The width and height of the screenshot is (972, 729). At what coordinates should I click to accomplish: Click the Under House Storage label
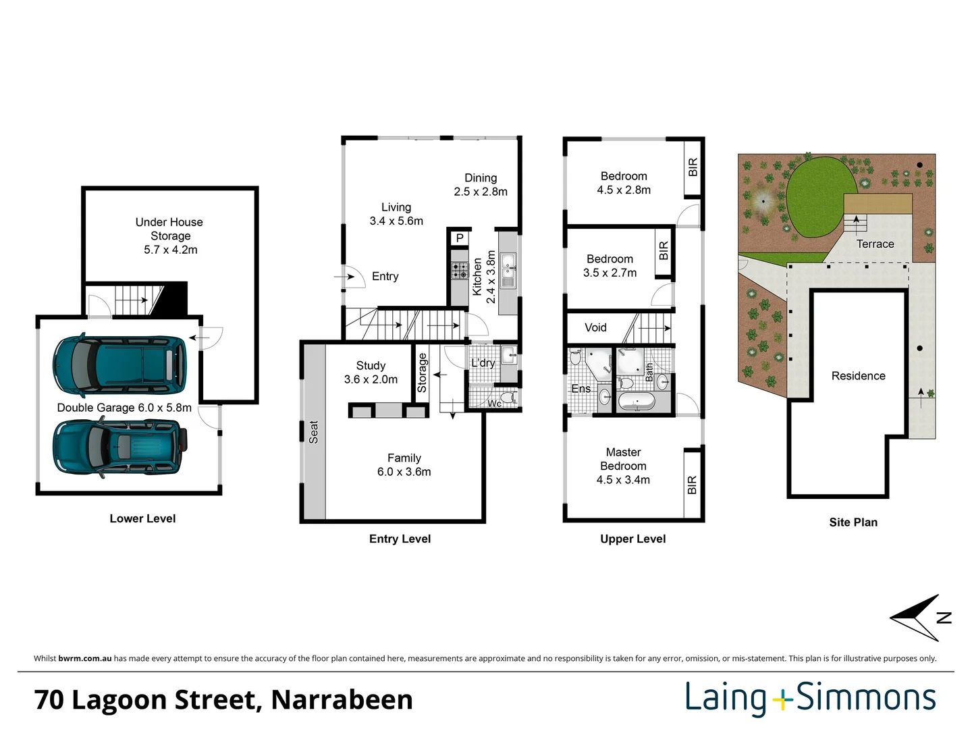(169, 236)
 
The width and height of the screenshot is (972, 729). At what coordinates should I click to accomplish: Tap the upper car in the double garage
(119, 364)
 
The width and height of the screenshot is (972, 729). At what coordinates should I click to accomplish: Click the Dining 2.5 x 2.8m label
(481, 185)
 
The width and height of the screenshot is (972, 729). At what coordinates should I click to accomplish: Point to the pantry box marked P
(460, 238)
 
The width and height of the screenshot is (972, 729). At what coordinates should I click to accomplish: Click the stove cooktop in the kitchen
(460, 271)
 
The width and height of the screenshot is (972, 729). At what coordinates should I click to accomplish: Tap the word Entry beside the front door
(385, 277)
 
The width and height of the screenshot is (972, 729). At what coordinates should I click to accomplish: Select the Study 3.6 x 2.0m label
(371, 373)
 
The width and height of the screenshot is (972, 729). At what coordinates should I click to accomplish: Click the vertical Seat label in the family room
(313, 432)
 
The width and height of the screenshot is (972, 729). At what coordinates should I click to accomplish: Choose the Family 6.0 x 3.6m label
(404, 465)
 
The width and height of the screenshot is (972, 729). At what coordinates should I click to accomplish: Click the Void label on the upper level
(595, 328)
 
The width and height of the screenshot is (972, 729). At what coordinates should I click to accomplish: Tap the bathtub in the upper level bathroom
(637, 403)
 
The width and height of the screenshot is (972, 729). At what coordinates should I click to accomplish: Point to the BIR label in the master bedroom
(692, 485)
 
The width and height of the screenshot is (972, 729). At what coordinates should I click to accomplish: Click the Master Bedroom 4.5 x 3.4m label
(623, 466)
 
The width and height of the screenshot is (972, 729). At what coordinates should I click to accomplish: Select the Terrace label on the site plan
(875, 244)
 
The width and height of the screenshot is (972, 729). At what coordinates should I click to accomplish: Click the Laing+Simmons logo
(811, 699)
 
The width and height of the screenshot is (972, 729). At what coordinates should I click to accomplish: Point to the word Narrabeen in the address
(342, 700)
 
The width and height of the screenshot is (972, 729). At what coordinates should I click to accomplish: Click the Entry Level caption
(400, 539)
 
